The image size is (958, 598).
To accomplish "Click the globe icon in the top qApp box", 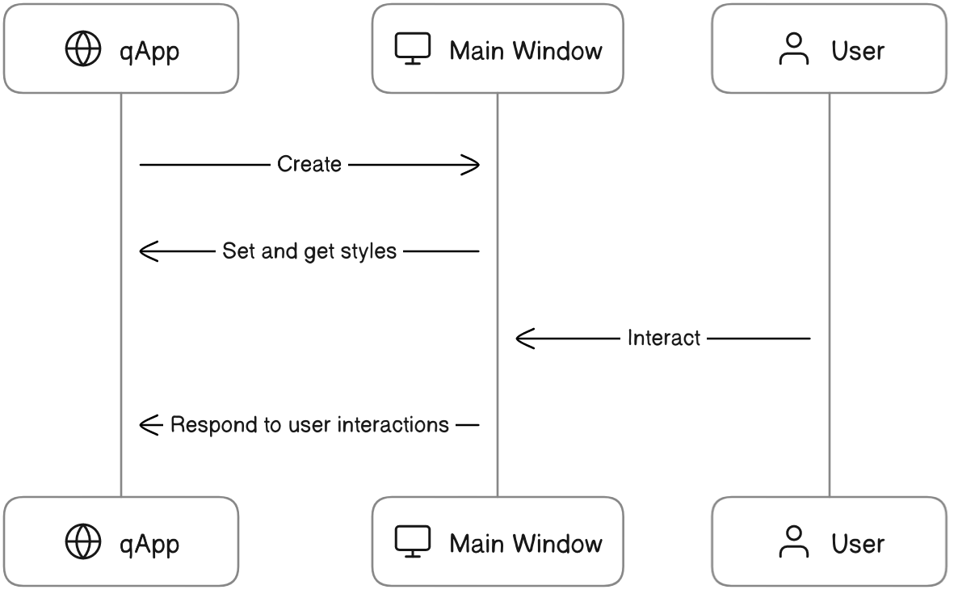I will click(x=83, y=50).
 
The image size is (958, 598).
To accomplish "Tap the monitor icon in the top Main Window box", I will click(x=413, y=49).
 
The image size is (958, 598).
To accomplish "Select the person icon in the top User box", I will click(x=793, y=49).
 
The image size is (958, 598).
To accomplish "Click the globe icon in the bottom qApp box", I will click(x=83, y=541).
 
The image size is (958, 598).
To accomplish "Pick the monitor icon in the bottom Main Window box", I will click(x=413, y=541).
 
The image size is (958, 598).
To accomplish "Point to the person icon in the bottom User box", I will click(x=793, y=541).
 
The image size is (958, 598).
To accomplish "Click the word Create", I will click(x=309, y=164).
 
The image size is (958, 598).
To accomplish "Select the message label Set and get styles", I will click(x=309, y=251).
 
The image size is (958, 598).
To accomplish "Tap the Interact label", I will click(x=663, y=338).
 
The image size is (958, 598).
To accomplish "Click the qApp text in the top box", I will click(x=149, y=51).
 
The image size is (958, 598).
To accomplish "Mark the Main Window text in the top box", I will click(x=526, y=51).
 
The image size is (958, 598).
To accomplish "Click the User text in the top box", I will click(x=858, y=51).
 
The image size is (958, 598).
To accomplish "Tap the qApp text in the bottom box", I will click(x=149, y=543).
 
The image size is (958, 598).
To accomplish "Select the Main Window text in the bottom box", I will click(x=526, y=543).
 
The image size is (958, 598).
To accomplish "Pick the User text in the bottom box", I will click(x=858, y=543).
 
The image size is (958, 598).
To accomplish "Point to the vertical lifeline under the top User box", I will click(x=830, y=242).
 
